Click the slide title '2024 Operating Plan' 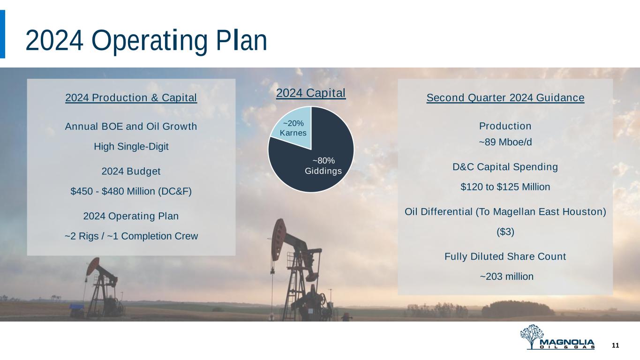[x=146, y=41]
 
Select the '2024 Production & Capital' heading [x=131, y=97]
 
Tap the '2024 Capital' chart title [x=311, y=93]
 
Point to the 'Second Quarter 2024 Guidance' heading [x=505, y=97]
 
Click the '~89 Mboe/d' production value [x=505, y=142]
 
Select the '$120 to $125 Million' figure [x=505, y=187]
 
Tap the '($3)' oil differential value [x=505, y=232]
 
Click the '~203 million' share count [x=506, y=277]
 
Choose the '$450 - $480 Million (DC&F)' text [x=131, y=191]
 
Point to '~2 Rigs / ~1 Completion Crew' [x=131, y=236]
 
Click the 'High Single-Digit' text [x=131, y=147]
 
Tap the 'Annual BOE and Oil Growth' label [x=131, y=126]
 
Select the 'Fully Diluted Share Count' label [x=505, y=256]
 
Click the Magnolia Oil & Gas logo [x=557, y=337]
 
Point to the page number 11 [x=615, y=345]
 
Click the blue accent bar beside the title [x=2, y=34]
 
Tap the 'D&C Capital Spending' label [x=505, y=167]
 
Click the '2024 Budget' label [x=131, y=172]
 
